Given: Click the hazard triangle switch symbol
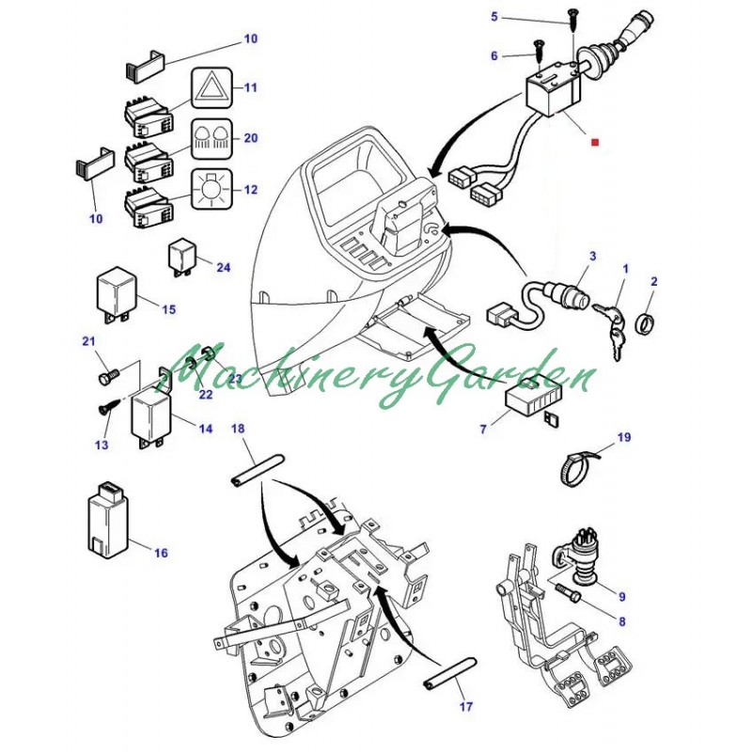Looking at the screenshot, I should point(211,89).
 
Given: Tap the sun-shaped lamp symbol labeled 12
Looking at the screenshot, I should point(211,190).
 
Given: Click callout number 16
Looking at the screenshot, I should point(161,553).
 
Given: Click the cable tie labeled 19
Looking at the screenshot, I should point(580,463).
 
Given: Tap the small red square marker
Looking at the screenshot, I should point(594,143).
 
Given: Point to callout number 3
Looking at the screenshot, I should point(593,256).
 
